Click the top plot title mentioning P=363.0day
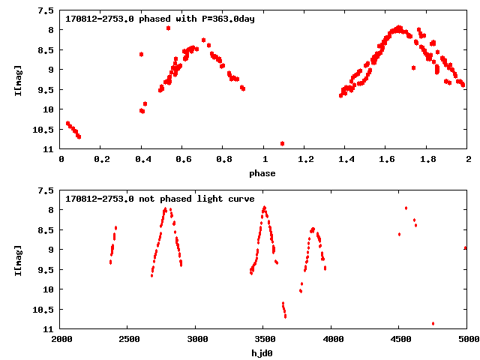tap(160, 19)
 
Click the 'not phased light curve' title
tap(160, 199)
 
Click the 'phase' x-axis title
tap(264, 173)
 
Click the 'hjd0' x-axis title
tap(264, 353)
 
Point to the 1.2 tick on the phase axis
tap(305, 160)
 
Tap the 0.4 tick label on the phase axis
tap(142, 160)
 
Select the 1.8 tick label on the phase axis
tap(427, 160)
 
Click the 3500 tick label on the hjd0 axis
tap(264, 340)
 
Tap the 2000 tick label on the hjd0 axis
tap(61, 340)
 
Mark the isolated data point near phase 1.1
tap(282, 143)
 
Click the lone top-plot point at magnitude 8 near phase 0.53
tap(168, 28)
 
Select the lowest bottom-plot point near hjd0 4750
tap(433, 323)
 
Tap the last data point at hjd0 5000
tap(466, 247)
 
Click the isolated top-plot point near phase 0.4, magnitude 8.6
tap(141, 54)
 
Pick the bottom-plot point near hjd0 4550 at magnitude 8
tap(406, 208)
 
